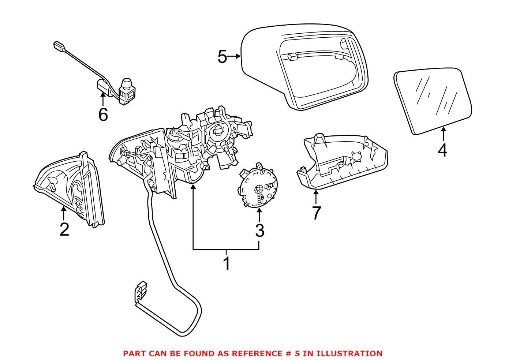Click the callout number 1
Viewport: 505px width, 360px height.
227,263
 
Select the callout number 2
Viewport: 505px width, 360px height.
64,229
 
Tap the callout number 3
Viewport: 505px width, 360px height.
259,230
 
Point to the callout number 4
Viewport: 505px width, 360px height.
442,150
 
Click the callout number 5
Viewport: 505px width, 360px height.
222,57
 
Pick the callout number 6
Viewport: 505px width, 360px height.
103,115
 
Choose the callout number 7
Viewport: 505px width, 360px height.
317,213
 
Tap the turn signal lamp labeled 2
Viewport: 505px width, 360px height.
70,188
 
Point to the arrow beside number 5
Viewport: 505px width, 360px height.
234,56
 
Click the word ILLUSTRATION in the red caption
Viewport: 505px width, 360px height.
349,353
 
